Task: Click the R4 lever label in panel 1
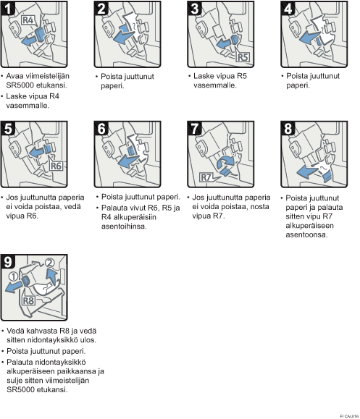pos(28,20)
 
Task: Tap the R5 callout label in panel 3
pos(243,57)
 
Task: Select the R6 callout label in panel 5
pos(56,166)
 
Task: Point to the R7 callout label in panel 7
pos(206,177)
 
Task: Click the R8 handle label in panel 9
pos(29,301)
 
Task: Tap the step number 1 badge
pos(7,8)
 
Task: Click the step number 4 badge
pos(288,8)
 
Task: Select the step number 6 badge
pos(101,128)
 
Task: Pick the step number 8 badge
pos(288,128)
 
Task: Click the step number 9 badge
pos(8,262)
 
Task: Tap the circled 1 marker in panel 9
pos(13,276)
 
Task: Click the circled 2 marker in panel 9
pos(49,263)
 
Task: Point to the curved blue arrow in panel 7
pos(225,161)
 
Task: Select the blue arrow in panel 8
pos(308,171)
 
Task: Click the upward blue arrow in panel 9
pos(52,276)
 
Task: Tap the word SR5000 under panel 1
pos(20,85)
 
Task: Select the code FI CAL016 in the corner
pos(349,416)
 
